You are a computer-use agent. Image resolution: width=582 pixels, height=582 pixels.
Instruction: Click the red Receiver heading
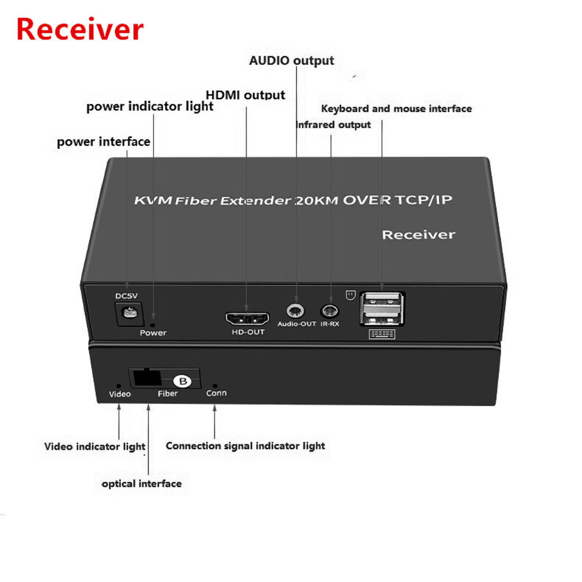[80, 29]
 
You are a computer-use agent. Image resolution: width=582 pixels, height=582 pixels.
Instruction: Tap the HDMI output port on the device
[247, 319]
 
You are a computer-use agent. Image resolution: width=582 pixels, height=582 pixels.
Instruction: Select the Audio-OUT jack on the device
[295, 311]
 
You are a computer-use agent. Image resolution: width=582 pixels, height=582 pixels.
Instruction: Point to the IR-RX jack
[330, 311]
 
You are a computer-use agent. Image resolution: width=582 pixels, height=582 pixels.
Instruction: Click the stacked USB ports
[382, 309]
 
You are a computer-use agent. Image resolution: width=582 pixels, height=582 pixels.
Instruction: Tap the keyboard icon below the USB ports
[382, 334]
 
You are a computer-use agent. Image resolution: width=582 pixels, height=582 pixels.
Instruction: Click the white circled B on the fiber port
[182, 381]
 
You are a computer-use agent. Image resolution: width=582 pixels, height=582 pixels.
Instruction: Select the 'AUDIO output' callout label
[291, 61]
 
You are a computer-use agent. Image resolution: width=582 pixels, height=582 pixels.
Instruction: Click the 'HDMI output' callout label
[245, 95]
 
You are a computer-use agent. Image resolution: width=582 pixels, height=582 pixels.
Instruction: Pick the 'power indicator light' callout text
[150, 107]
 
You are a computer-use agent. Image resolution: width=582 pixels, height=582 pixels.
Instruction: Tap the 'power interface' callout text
[104, 141]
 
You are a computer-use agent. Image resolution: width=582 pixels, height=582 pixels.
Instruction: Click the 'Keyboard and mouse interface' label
[396, 109]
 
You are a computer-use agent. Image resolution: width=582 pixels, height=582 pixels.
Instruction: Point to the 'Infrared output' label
[333, 125]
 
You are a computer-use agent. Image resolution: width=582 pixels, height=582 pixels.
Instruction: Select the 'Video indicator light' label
[95, 447]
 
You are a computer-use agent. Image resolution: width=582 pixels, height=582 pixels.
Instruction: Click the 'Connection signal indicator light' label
[245, 446]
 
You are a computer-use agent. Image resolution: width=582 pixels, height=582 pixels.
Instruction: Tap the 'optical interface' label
[141, 484]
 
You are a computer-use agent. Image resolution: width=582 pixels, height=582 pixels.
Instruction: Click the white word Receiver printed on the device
[418, 235]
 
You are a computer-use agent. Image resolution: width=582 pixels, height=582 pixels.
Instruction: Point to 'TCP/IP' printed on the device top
[424, 200]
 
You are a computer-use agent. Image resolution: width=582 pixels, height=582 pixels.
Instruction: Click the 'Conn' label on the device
[216, 393]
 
